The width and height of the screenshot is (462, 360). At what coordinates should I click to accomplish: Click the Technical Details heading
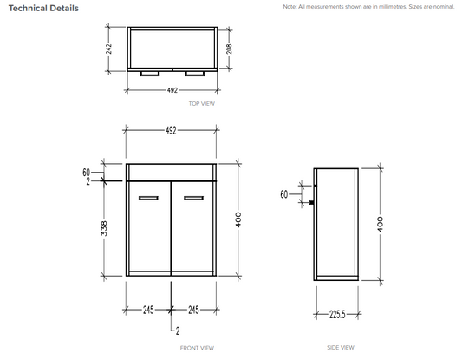click(43, 9)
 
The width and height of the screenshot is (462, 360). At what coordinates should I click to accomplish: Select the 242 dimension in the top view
click(108, 49)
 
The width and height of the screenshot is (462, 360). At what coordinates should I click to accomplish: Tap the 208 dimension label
click(229, 49)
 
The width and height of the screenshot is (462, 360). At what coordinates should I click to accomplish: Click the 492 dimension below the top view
click(172, 90)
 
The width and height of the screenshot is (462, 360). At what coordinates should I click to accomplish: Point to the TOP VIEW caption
click(202, 103)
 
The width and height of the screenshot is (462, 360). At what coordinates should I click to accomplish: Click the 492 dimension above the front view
click(171, 130)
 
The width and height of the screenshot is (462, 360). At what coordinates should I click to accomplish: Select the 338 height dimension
click(104, 228)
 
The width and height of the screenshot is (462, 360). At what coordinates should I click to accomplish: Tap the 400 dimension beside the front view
click(238, 219)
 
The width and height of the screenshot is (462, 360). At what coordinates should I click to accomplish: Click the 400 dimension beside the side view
click(381, 224)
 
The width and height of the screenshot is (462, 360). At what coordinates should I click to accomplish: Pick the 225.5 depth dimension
click(337, 315)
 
